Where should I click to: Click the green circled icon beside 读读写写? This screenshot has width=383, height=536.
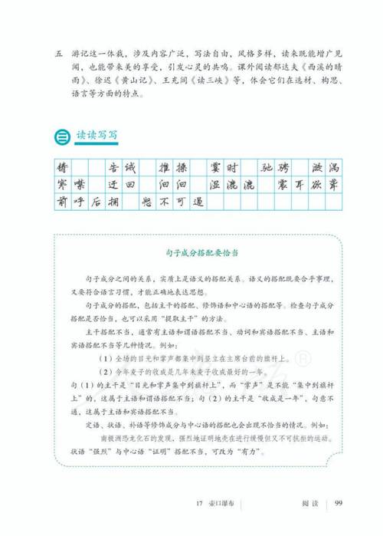61,136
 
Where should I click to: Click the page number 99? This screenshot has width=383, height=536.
336,502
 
